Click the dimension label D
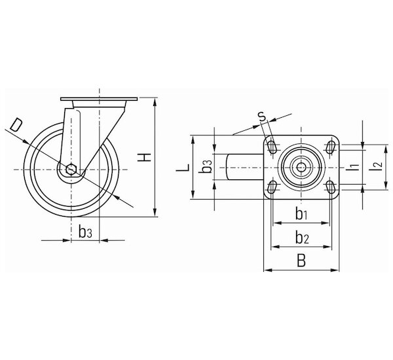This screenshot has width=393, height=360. (16, 125)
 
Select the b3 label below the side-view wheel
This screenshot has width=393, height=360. (85, 232)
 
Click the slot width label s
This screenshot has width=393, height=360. (262, 117)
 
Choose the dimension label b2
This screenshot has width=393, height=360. (302, 238)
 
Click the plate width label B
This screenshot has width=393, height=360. (301, 261)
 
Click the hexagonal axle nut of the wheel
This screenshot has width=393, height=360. (71, 170)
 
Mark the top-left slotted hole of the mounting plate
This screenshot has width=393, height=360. (272, 147)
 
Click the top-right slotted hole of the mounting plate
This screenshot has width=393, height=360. (331, 147)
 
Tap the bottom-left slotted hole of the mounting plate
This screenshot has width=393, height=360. (272, 187)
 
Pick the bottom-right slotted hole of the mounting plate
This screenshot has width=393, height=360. (331, 187)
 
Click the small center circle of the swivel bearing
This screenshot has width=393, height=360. (301, 167)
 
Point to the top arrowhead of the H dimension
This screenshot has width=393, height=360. (155, 102)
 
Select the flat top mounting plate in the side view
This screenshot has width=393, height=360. (99, 99)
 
